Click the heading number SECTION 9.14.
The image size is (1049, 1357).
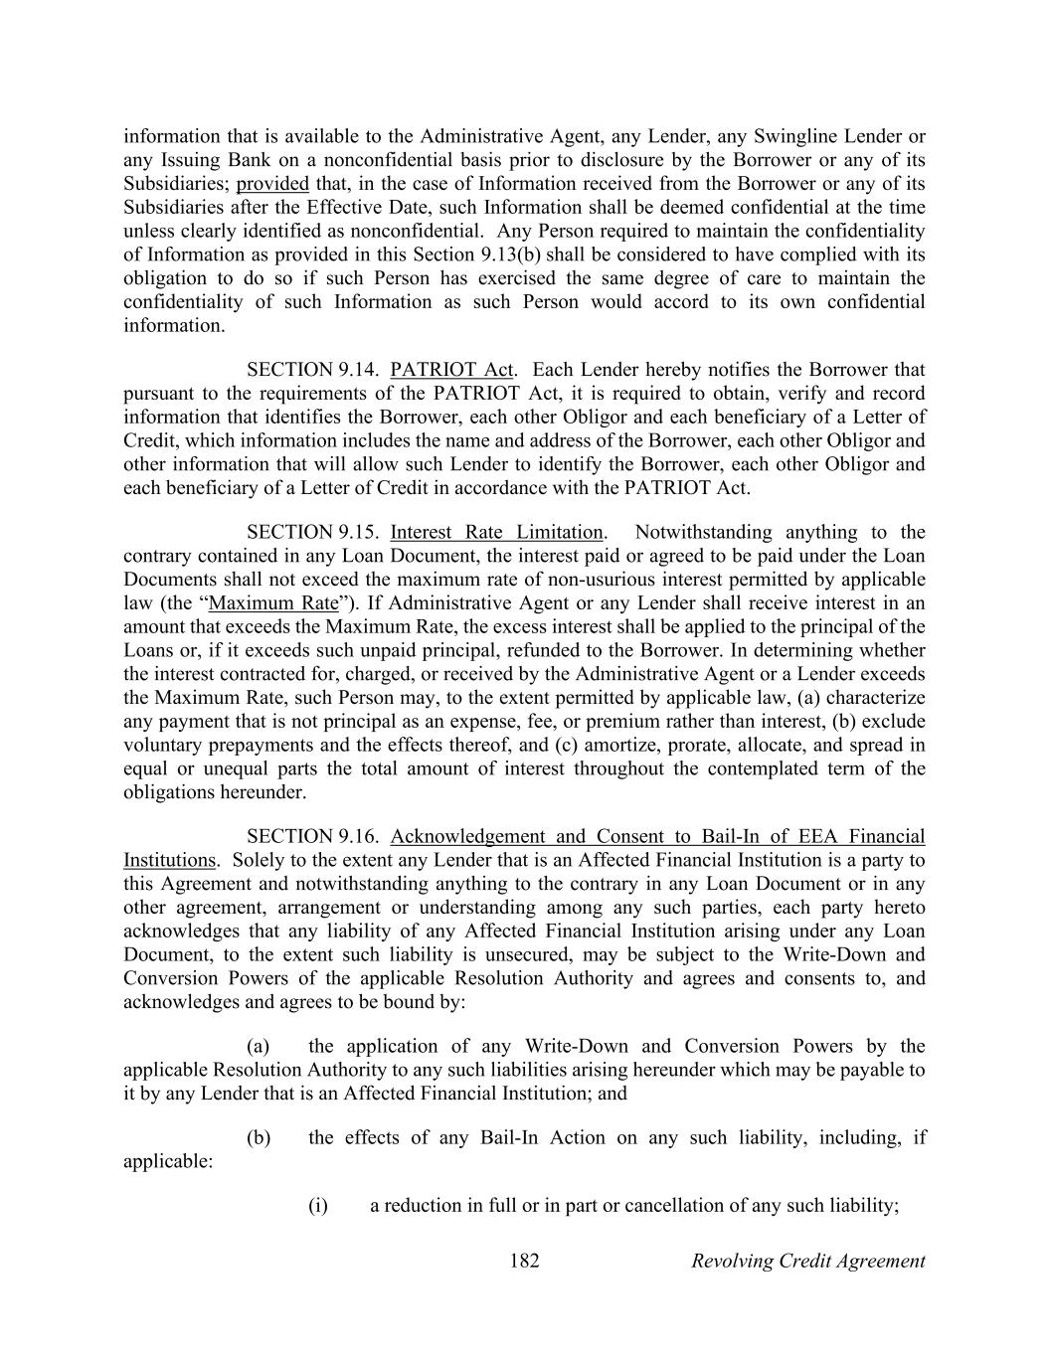click(x=312, y=370)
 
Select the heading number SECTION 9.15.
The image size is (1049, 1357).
click(x=312, y=532)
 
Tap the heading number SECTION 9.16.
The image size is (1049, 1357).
click(x=312, y=836)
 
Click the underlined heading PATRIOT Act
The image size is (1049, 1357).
click(x=452, y=370)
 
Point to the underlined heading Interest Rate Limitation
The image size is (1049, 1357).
click(x=497, y=532)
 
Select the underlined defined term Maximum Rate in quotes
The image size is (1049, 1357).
click(x=273, y=603)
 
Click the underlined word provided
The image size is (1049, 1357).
click(x=272, y=184)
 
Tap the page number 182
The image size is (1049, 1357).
click(x=524, y=1262)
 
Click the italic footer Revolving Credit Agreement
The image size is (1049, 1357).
click(x=807, y=1262)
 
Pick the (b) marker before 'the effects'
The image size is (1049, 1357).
click(x=259, y=1137)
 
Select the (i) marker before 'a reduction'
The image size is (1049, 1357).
click(x=318, y=1206)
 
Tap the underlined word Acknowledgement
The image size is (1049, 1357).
click(x=467, y=836)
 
